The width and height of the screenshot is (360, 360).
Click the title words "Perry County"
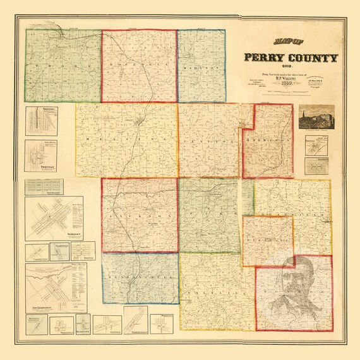pos(291,59)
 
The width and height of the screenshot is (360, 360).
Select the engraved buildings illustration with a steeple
pos(315,118)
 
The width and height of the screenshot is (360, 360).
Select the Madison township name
pos(201,68)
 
